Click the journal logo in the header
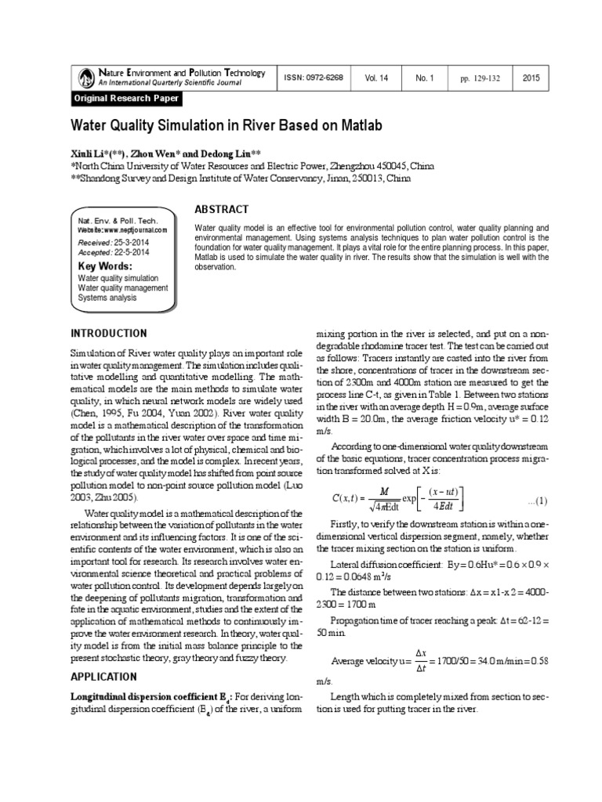point(85,78)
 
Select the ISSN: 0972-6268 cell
point(312,78)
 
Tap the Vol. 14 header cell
point(376,78)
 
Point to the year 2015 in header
point(531,78)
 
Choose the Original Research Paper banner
point(126,99)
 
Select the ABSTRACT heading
point(221,209)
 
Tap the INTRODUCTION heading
point(109,333)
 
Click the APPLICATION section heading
point(105,676)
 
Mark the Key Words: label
point(103,266)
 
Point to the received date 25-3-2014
point(132,243)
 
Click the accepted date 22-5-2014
point(133,253)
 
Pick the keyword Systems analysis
point(107,298)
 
